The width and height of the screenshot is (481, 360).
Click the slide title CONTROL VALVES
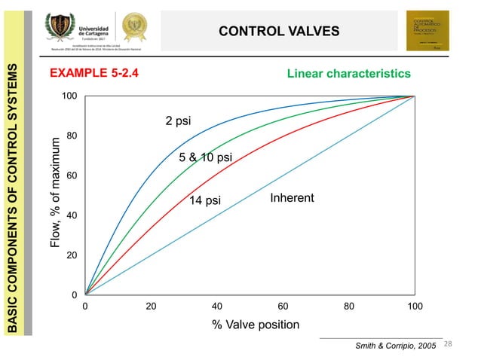click(x=279, y=31)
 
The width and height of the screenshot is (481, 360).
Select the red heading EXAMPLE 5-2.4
click(x=93, y=74)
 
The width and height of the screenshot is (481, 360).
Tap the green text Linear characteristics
click(x=348, y=74)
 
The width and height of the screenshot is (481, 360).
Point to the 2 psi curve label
click(x=178, y=121)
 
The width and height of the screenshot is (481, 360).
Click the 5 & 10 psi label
click(x=205, y=157)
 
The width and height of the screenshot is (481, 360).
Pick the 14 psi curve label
click(x=204, y=200)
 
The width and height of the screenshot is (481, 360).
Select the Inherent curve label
click(x=292, y=198)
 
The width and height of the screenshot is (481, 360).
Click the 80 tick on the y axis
click(x=70, y=136)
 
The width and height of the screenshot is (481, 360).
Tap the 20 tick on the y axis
click(x=70, y=256)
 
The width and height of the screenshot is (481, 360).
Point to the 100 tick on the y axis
click(x=68, y=96)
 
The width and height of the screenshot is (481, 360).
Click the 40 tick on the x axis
click(x=216, y=307)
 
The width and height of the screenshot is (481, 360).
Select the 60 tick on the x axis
click(x=283, y=307)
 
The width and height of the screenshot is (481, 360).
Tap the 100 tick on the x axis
click(x=414, y=307)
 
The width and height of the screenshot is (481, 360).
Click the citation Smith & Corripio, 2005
click(x=396, y=345)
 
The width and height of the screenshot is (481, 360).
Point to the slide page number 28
click(x=449, y=344)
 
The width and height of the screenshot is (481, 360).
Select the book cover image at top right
click(x=427, y=31)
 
